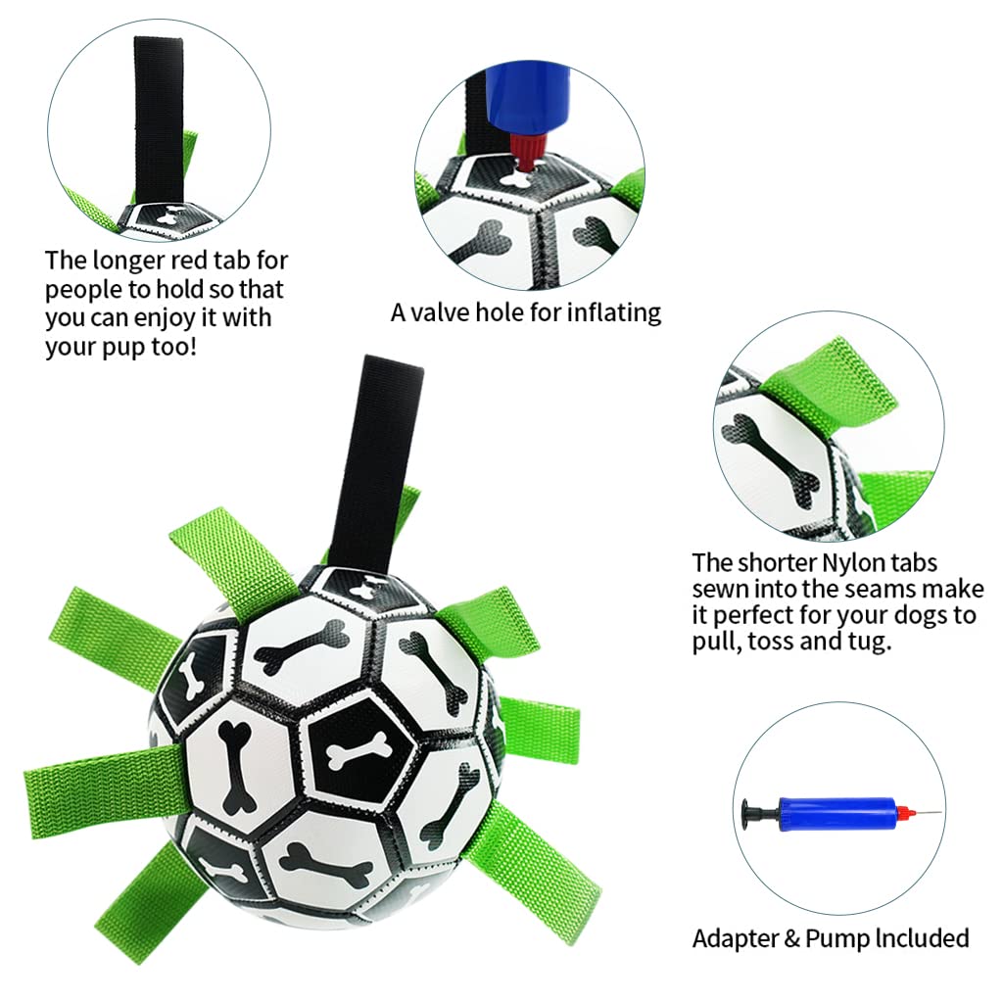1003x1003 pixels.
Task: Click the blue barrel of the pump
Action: click(835, 812)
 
